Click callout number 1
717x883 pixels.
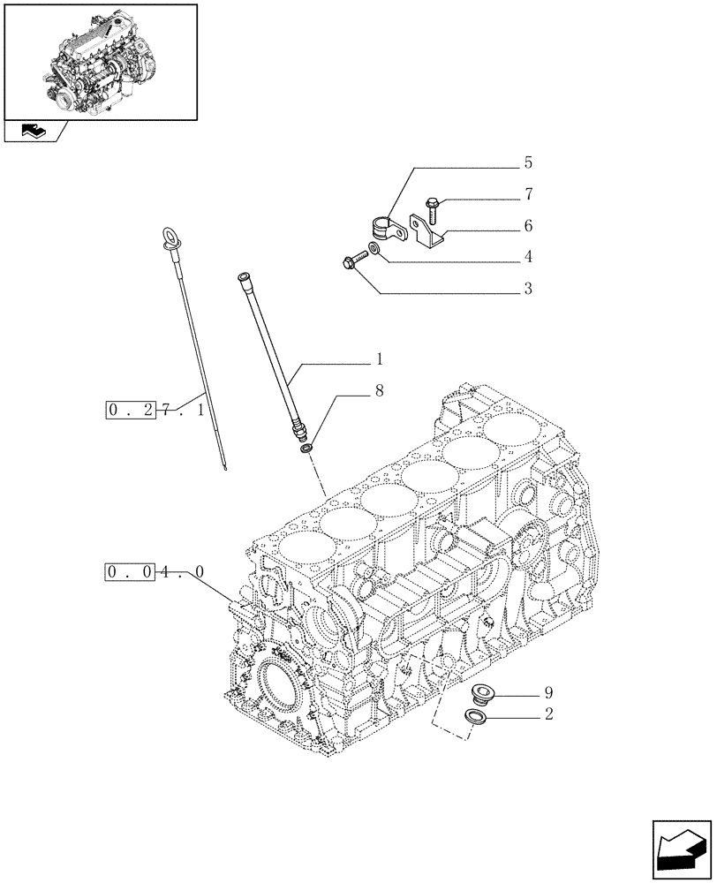pyautogui.click(x=380, y=359)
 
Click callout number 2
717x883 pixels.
pyautogui.click(x=549, y=714)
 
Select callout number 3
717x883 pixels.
pyautogui.click(x=527, y=288)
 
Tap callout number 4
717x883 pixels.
pyautogui.click(x=527, y=257)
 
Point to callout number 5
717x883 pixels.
pyautogui.click(x=527, y=162)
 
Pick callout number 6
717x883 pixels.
pyautogui.click(x=527, y=226)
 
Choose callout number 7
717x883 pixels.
pyautogui.click(x=527, y=193)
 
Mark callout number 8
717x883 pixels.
pyautogui.click(x=379, y=390)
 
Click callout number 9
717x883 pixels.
pyautogui.click(x=549, y=691)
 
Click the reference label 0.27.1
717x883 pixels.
pyautogui.click(x=155, y=411)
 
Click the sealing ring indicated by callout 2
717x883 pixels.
pyautogui.click(x=476, y=717)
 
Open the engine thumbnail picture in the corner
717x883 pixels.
pyautogui.click(x=100, y=61)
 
